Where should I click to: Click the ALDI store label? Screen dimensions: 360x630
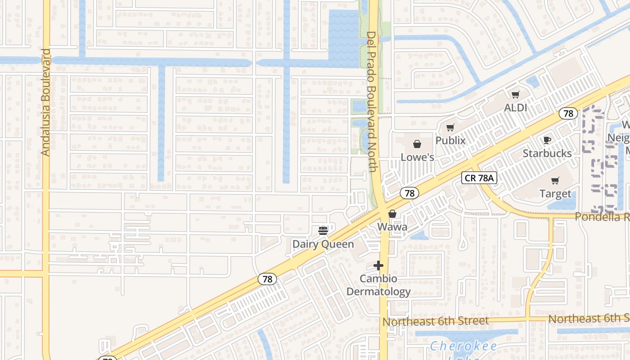[515, 108]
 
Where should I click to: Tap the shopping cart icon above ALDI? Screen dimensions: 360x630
[515, 94]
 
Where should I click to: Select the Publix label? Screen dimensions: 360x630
[450, 140]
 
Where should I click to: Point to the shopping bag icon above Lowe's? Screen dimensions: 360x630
[417, 144]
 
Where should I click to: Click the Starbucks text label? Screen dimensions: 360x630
[547, 153]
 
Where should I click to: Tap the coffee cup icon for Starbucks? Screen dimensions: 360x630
[547, 140]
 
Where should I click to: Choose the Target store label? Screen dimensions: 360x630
[555, 194]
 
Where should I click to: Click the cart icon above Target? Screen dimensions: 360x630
[555, 180]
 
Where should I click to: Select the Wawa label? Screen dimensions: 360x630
[392, 227]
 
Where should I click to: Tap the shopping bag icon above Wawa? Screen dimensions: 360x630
[392, 214]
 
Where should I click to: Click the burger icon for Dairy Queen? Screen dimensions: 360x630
[323, 231]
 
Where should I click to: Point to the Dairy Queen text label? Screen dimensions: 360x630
[323, 244]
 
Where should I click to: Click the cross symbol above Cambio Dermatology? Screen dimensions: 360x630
[378, 266]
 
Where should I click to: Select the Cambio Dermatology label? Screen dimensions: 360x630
[378, 285]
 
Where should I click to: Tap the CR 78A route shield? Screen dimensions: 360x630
[479, 178]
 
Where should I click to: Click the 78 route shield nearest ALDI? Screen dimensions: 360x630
[568, 113]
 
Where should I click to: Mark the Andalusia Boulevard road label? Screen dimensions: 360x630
[45, 103]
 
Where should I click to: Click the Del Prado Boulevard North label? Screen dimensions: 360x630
[372, 102]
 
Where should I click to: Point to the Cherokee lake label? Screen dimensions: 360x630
[463, 346]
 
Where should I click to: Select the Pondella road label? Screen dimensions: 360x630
[603, 217]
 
